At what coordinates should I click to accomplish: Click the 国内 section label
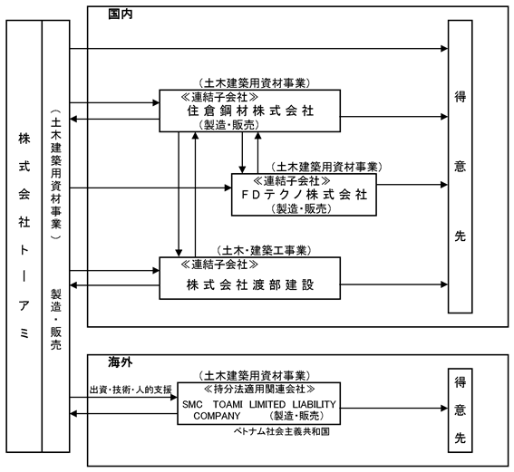121,14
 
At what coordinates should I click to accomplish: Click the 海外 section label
121,362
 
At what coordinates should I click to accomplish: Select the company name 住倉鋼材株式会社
250,111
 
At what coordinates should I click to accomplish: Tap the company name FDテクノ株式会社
305,195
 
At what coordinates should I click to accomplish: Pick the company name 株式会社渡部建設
250,284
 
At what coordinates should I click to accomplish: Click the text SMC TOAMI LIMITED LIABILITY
259,404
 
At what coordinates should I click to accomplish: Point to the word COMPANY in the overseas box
217,416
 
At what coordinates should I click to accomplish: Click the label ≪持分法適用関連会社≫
259,390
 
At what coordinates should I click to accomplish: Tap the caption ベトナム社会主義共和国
282,431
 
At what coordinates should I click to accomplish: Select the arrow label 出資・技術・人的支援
131,390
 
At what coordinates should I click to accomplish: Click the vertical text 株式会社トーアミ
24,236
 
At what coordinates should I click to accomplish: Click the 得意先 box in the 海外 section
460,410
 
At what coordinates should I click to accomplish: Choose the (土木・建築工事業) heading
264,251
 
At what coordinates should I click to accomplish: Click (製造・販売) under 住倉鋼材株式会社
228,125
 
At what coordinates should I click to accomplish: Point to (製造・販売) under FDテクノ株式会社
301,208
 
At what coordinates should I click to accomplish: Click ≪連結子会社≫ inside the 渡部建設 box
219,265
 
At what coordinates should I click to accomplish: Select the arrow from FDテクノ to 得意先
412,185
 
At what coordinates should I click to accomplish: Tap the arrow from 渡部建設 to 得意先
394,284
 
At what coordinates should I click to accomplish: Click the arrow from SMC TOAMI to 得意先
394,408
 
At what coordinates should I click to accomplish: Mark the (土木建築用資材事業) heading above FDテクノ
326,167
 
